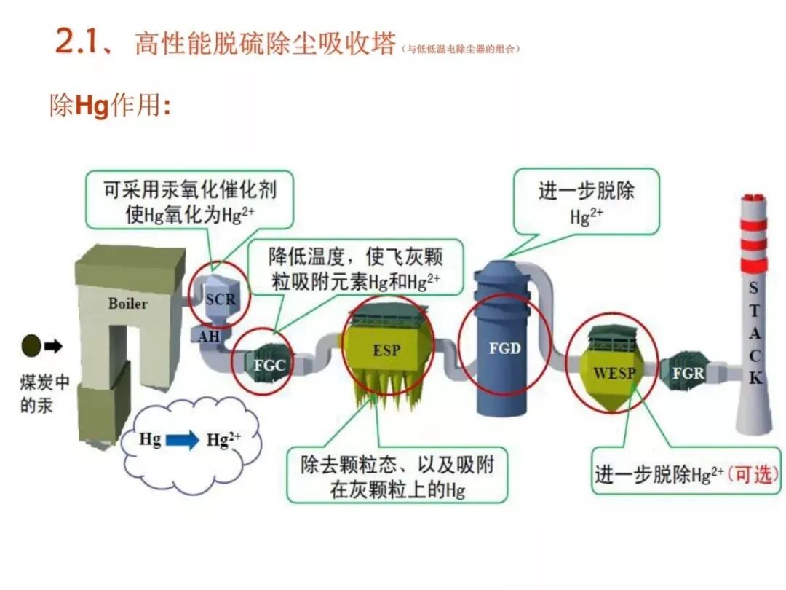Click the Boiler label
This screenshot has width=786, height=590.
127,304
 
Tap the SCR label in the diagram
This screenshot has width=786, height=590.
221,299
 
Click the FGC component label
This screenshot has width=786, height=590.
269,365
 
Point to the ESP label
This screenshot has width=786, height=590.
386,350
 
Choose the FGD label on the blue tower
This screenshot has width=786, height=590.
504,348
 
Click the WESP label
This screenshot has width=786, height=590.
614,374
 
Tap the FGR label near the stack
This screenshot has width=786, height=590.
688,373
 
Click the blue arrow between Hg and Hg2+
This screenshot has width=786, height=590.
182,440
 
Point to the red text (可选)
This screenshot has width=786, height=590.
753,473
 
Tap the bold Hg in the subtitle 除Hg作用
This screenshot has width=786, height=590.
92,107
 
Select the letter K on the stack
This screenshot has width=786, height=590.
755,378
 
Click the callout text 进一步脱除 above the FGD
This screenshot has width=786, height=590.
586,191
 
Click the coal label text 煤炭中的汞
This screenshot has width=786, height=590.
44,393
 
